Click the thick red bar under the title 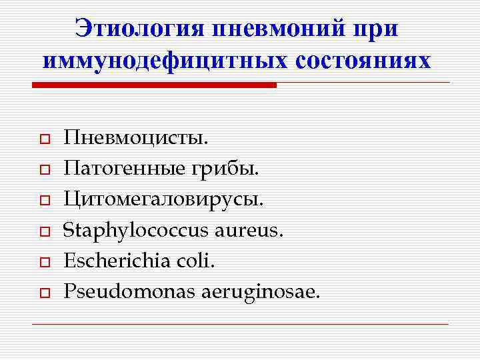154,85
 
